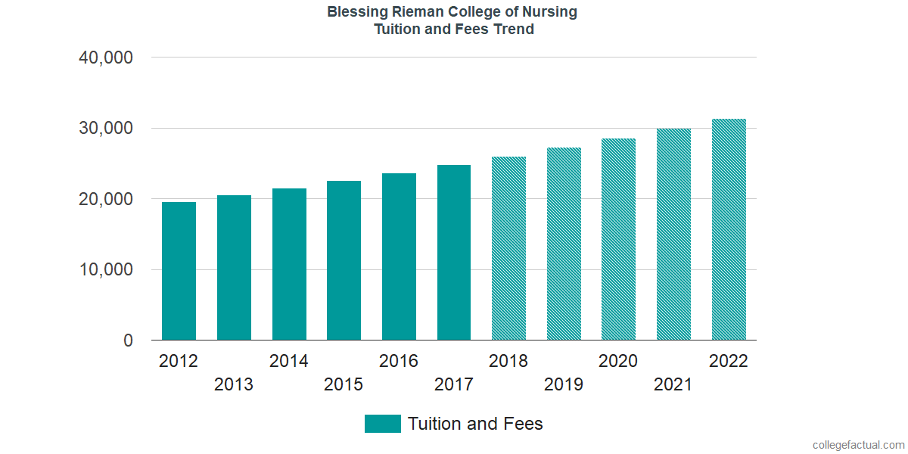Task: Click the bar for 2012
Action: click(x=179, y=271)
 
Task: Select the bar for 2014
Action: click(x=289, y=264)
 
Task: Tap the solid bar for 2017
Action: click(x=454, y=253)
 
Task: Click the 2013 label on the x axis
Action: click(x=234, y=384)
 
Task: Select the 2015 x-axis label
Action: click(x=344, y=384)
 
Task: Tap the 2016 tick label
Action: click(x=399, y=361)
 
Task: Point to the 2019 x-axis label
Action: click(x=564, y=384)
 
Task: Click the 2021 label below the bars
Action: click(x=673, y=384)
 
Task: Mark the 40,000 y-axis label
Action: click(x=106, y=58)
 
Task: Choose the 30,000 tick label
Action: click(x=106, y=129)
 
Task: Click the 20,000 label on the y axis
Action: click(x=106, y=199)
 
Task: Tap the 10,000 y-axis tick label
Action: click(x=106, y=270)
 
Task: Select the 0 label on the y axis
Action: click(x=128, y=340)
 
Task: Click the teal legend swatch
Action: click(x=382, y=424)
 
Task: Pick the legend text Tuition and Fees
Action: click(x=475, y=424)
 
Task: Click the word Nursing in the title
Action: click(x=551, y=12)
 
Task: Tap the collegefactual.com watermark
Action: click(x=858, y=445)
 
